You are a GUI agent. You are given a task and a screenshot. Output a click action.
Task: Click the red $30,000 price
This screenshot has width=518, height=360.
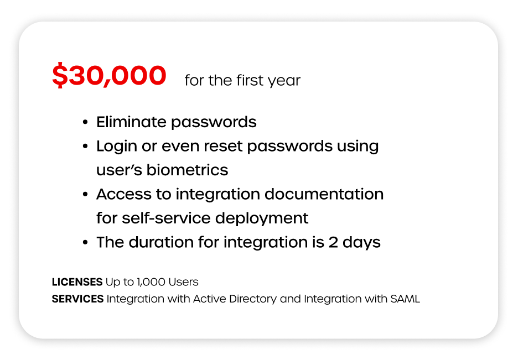tap(109, 75)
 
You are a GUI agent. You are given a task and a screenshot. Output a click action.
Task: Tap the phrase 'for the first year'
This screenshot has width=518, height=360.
tap(242, 80)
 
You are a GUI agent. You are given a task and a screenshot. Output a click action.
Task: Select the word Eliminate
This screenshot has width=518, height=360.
tap(131, 122)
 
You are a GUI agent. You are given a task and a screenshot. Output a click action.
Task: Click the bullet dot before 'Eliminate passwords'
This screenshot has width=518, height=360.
tap(85, 122)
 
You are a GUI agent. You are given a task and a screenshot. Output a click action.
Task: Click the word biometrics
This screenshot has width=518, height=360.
tap(187, 170)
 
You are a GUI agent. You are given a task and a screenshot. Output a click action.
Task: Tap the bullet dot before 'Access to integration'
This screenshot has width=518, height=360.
tap(85, 194)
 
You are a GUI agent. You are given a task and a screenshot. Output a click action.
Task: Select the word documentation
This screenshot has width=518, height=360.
tap(324, 194)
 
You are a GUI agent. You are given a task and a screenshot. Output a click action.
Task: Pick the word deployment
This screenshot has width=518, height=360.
tap(262, 219)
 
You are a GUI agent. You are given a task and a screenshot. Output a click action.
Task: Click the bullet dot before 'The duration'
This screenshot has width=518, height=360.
tap(85, 243)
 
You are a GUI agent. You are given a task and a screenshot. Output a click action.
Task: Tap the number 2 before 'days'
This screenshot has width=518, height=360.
tap(333, 243)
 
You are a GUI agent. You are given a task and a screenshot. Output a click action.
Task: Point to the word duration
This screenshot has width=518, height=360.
tap(161, 242)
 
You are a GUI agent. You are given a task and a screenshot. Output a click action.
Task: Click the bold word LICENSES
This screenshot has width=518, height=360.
tap(77, 282)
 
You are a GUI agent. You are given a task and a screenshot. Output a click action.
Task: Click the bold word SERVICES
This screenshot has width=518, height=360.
tap(77, 299)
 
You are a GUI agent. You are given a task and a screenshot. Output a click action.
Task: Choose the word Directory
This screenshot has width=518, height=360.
tap(253, 299)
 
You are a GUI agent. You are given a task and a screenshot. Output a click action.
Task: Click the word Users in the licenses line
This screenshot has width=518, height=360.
tap(183, 282)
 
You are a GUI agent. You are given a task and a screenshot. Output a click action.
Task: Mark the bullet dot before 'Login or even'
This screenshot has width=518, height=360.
tap(85, 146)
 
